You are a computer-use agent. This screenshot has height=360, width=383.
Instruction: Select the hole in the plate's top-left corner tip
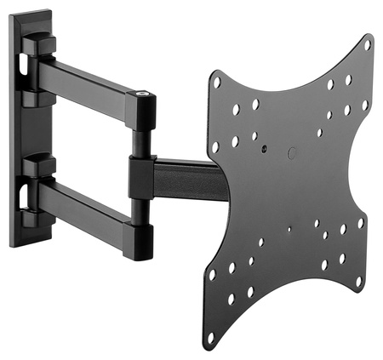(217, 83)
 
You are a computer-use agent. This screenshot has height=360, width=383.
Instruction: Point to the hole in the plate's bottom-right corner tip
(361, 280)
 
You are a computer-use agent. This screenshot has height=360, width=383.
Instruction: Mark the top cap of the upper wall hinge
(39, 43)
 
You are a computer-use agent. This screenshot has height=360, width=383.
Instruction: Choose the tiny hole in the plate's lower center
(290, 228)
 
